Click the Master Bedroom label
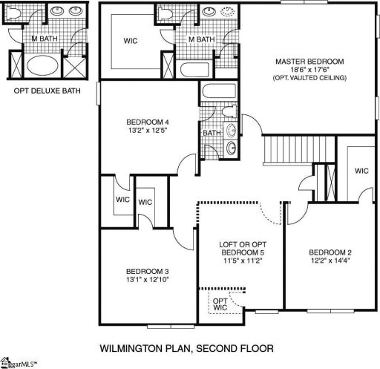[x=309, y=61]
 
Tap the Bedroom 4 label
[x=142, y=122]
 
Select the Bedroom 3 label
[x=142, y=271]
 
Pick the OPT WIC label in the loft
[x=220, y=304]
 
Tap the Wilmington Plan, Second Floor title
[x=187, y=347]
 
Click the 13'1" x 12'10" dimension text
[x=142, y=280]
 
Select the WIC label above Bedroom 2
[x=361, y=170]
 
